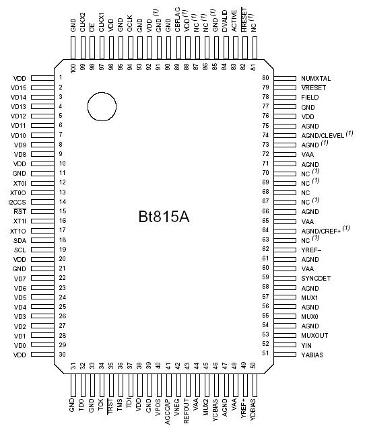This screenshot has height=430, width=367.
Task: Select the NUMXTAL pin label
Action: point(316,79)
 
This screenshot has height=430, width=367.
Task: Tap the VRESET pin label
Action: point(313,88)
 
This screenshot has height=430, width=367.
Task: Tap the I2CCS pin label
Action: point(18,202)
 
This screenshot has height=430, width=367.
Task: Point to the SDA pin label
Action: point(20,240)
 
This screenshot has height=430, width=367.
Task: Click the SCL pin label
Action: point(20,250)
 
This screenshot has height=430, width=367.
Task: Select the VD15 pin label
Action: point(19,87)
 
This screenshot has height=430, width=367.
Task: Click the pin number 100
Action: point(73,67)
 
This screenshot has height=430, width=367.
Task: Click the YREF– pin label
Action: point(312,249)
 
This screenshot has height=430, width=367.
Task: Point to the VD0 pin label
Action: point(20,345)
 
